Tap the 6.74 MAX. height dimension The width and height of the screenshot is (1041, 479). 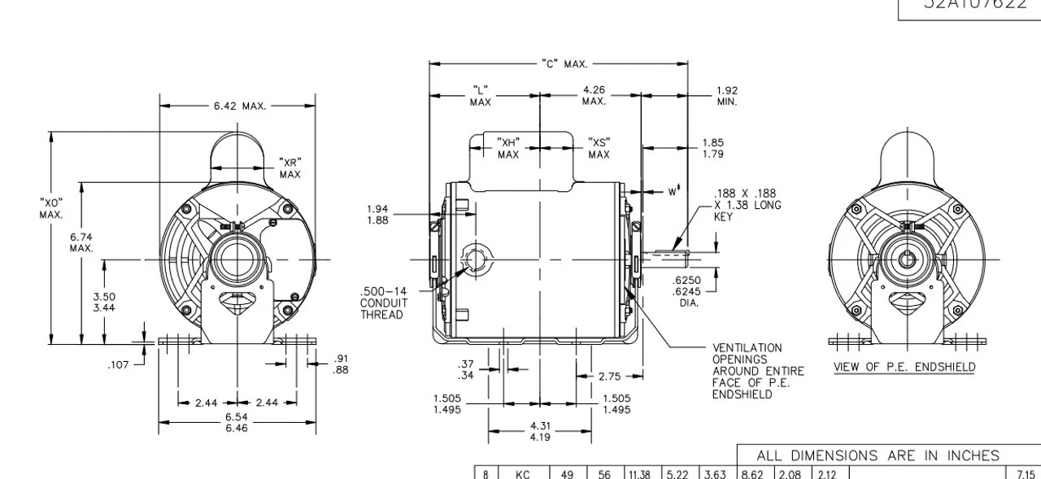[x=81, y=242]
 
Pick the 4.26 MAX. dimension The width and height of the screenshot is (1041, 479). [x=594, y=95]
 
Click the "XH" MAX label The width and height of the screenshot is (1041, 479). [x=508, y=148]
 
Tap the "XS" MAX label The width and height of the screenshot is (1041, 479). [x=599, y=148]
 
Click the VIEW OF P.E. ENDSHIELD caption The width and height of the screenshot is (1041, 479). [x=904, y=367]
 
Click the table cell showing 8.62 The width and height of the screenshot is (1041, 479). [x=752, y=471]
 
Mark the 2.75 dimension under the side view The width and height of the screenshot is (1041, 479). [x=610, y=377]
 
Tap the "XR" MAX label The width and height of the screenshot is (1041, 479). [x=290, y=168]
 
